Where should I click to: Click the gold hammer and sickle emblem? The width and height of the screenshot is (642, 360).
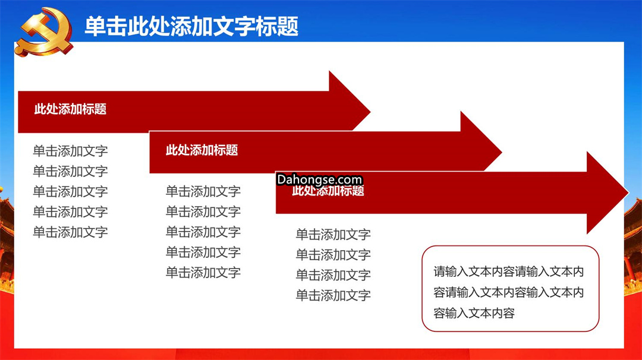click(x=44, y=32)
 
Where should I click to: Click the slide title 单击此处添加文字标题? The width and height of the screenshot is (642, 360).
click(x=191, y=26)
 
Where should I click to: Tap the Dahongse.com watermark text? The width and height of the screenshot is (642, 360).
click(x=319, y=179)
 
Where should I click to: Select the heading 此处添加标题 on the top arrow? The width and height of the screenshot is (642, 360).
click(x=70, y=109)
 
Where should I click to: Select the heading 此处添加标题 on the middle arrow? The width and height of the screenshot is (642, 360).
click(x=202, y=150)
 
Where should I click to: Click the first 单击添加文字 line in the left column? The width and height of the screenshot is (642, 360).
click(x=70, y=151)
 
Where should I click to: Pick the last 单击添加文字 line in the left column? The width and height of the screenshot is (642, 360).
click(x=70, y=232)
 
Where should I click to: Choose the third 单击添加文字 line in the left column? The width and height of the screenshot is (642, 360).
click(x=70, y=191)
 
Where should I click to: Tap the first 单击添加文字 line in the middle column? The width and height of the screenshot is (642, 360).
click(x=203, y=191)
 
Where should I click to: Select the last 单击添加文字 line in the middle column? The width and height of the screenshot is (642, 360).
click(x=203, y=272)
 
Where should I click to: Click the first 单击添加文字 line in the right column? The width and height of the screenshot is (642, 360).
click(x=333, y=235)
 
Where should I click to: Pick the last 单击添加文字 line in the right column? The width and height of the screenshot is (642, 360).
click(x=333, y=295)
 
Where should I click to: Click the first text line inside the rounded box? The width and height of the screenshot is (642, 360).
click(x=508, y=271)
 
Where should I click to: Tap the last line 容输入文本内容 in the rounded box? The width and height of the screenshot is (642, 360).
click(x=474, y=313)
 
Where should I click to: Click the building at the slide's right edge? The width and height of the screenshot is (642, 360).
click(x=633, y=245)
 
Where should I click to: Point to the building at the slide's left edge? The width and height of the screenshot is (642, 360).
click(x=7, y=241)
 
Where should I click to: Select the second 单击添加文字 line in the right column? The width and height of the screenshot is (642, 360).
click(x=333, y=254)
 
